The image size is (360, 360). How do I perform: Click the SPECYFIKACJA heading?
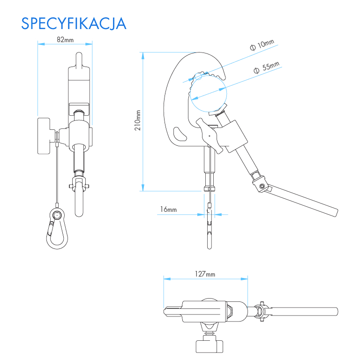[74, 23]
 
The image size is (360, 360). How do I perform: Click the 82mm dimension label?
[65, 40]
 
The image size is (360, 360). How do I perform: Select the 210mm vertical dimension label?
[138, 120]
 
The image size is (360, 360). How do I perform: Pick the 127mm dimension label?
[205, 274]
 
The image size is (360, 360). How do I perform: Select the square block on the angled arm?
[235, 136]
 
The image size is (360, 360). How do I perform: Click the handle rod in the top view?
[305, 311]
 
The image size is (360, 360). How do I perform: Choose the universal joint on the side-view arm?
[262, 184]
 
